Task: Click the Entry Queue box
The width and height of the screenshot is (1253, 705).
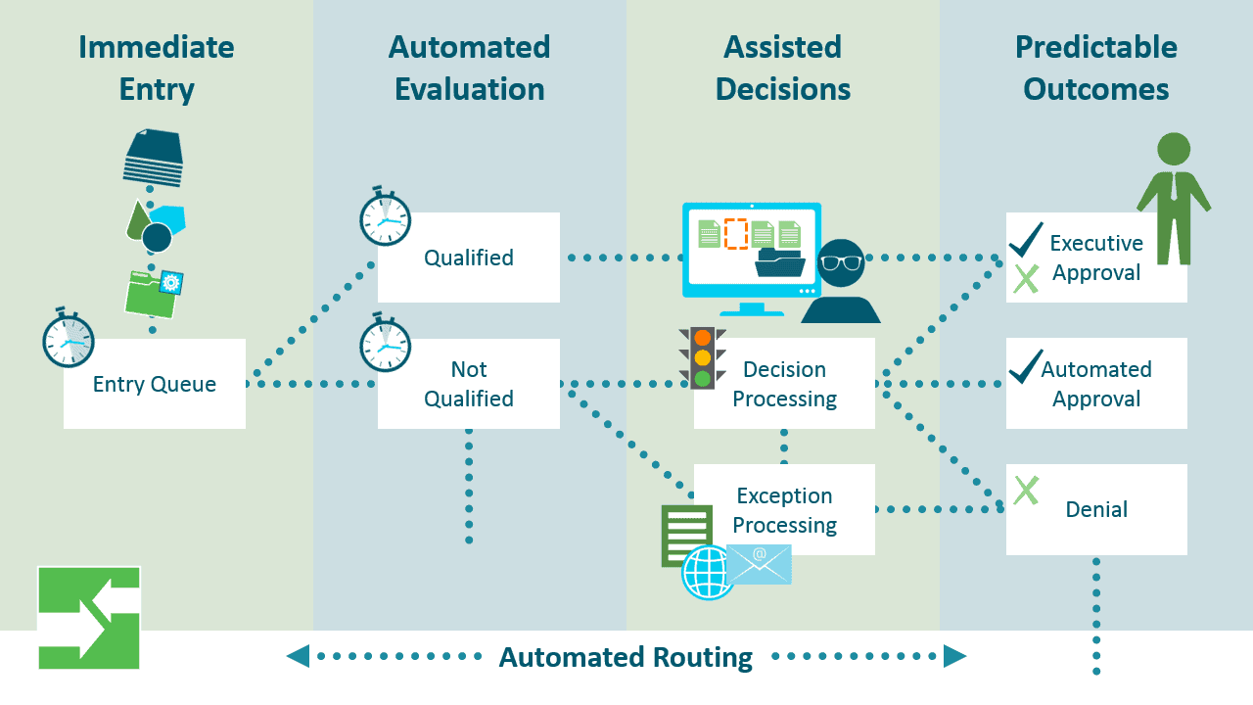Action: click(155, 384)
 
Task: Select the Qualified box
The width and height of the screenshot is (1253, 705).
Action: click(469, 258)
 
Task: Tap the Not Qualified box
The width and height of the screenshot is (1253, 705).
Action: click(469, 384)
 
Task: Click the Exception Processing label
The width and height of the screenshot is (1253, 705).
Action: click(784, 510)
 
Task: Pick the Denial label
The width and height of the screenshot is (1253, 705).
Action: click(1096, 510)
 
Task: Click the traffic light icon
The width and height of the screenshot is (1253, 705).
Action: click(703, 357)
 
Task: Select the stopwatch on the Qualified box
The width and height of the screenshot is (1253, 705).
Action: click(385, 216)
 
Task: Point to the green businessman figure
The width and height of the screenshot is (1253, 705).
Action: click(1174, 199)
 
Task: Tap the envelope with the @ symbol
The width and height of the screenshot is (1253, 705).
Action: click(759, 565)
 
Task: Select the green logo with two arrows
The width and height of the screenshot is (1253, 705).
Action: click(89, 618)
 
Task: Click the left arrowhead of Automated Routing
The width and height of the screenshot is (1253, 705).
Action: click(299, 656)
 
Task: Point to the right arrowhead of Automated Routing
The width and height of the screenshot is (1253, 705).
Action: click(954, 656)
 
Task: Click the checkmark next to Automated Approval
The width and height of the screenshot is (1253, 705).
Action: click(1026, 366)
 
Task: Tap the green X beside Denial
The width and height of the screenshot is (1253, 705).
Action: click(1027, 491)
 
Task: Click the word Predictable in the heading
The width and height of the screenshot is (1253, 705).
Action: click(1096, 47)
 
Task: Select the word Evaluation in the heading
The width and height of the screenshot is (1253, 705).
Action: click(470, 89)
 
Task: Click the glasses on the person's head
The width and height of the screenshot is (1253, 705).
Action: click(841, 262)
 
